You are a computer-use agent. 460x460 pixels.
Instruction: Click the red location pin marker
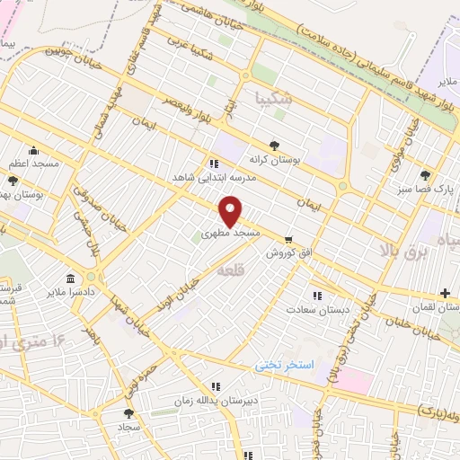pyautogui.click(x=231, y=211)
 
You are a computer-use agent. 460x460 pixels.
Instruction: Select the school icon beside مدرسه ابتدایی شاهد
pyautogui.click(x=213, y=164)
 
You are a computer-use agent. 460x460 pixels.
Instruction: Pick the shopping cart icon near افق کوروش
pyautogui.click(x=287, y=239)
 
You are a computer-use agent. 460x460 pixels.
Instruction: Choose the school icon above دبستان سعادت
pyautogui.click(x=316, y=295)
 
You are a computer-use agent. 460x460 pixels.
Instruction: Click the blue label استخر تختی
pyautogui.click(x=279, y=365)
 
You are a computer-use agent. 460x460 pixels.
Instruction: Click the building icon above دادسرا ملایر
pyautogui.click(x=70, y=278)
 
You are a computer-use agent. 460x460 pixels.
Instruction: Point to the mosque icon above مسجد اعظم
pyautogui.click(x=33, y=151)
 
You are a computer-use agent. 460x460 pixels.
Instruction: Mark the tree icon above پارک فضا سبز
pyautogui.click(x=424, y=176)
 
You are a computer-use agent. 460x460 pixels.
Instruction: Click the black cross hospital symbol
pyautogui.click(x=445, y=293)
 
